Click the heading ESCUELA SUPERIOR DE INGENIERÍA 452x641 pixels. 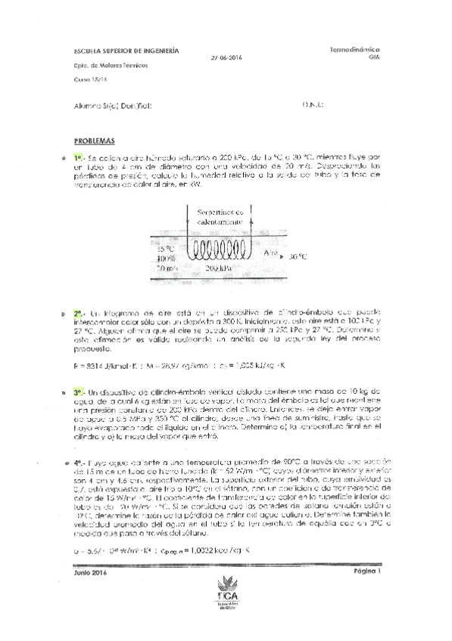[126, 51]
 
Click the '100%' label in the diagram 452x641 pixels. [166, 258]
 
